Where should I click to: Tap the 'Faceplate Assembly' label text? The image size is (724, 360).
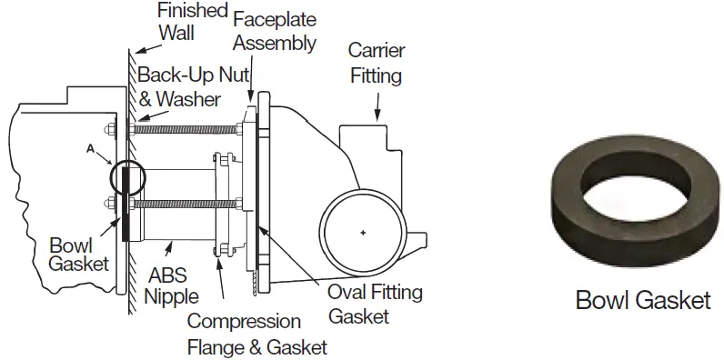274,30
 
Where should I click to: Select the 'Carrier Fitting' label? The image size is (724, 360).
377,62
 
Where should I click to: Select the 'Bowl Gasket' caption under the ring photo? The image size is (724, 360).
643,300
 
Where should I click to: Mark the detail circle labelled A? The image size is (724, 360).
124,177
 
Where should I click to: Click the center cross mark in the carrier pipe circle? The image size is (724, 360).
363,235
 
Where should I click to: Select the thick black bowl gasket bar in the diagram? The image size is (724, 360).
124,217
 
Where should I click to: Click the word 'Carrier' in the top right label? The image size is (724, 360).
377,50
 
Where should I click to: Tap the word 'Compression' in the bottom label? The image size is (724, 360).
244,322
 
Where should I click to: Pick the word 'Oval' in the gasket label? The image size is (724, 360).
350,293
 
